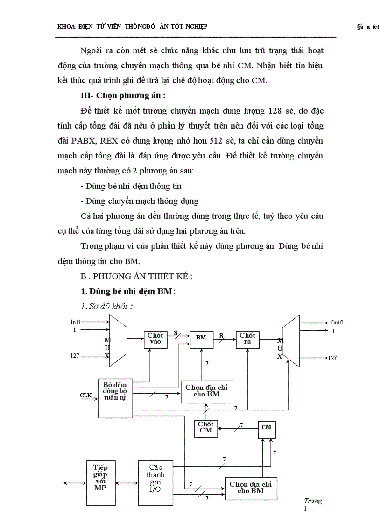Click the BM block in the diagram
tap(201, 338)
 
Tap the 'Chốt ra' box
tap(247, 338)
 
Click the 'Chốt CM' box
tap(205, 427)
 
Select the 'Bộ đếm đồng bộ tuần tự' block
tap(115, 398)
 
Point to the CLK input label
tap(85, 396)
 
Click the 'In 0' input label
tap(75, 322)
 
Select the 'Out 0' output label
tap(337, 322)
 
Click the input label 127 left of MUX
tap(75, 356)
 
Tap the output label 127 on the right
tap(332, 358)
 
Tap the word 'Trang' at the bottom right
tap(312, 501)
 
